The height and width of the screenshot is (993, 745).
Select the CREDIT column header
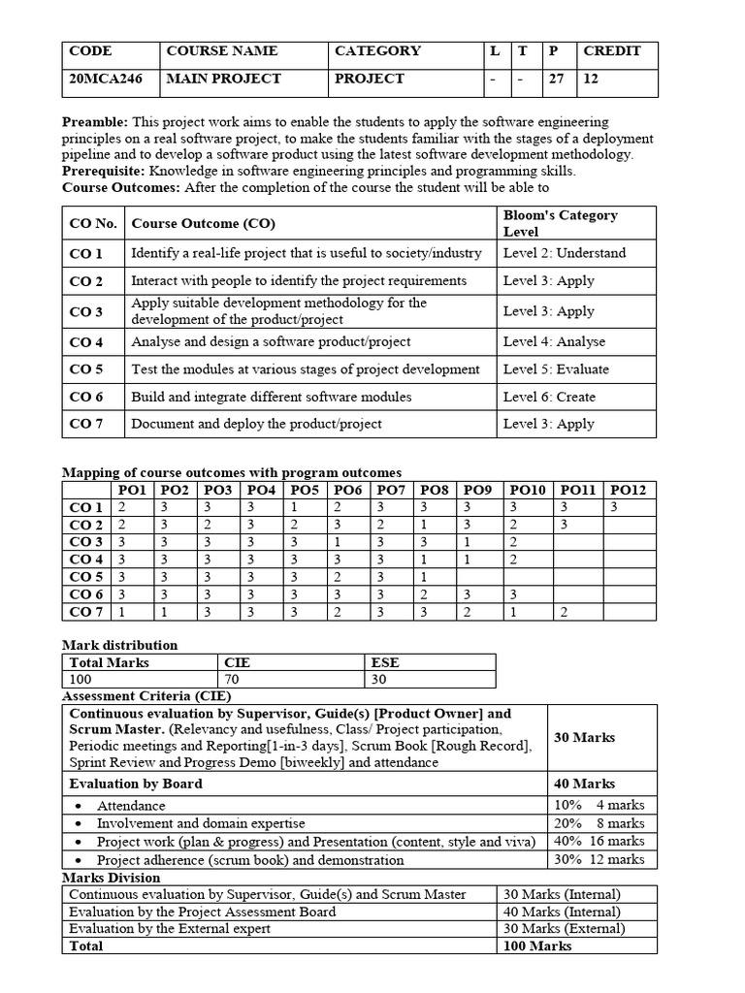611,51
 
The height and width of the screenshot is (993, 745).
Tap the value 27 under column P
556,80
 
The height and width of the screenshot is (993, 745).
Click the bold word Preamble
94,122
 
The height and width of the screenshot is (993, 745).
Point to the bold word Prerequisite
102,171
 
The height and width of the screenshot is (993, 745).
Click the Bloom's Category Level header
560,223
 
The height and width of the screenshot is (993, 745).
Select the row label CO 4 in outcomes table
86,341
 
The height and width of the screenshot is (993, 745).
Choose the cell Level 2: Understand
564,253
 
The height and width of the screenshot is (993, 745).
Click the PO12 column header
628,491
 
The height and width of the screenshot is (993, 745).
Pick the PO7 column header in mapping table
391,491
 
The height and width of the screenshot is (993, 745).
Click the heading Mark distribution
119,645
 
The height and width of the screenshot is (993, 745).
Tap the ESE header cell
385,662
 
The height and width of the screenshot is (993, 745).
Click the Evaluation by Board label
136,784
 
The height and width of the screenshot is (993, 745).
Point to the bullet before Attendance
78,806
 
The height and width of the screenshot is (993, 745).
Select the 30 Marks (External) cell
563,928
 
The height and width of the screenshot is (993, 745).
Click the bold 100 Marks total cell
537,945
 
